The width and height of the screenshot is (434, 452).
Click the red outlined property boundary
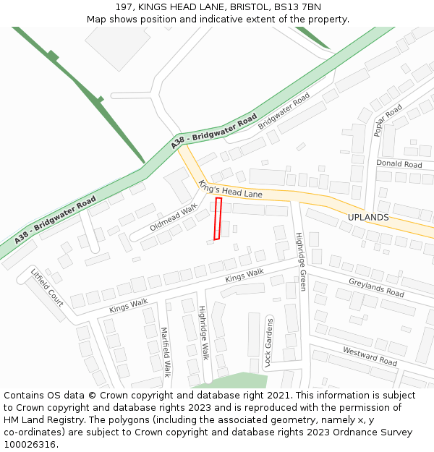[x=217, y=218]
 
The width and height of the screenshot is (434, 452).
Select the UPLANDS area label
[x=368, y=217]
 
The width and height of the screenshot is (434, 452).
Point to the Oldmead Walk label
[x=174, y=217]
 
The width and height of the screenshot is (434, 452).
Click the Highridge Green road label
[x=301, y=261]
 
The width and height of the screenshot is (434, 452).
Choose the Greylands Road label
[x=376, y=288]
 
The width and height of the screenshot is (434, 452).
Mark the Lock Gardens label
[x=268, y=343]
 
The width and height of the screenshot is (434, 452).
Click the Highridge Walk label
[x=204, y=333]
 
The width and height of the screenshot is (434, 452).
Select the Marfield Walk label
[x=165, y=352]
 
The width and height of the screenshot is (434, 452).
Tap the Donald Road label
[x=399, y=164]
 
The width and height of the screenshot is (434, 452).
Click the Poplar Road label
[x=388, y=120]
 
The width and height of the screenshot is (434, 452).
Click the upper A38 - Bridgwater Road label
[x=214, y=132]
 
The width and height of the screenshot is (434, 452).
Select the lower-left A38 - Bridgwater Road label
[x=55, y=219]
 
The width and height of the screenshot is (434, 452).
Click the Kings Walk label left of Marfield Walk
[x=128, y=306]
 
